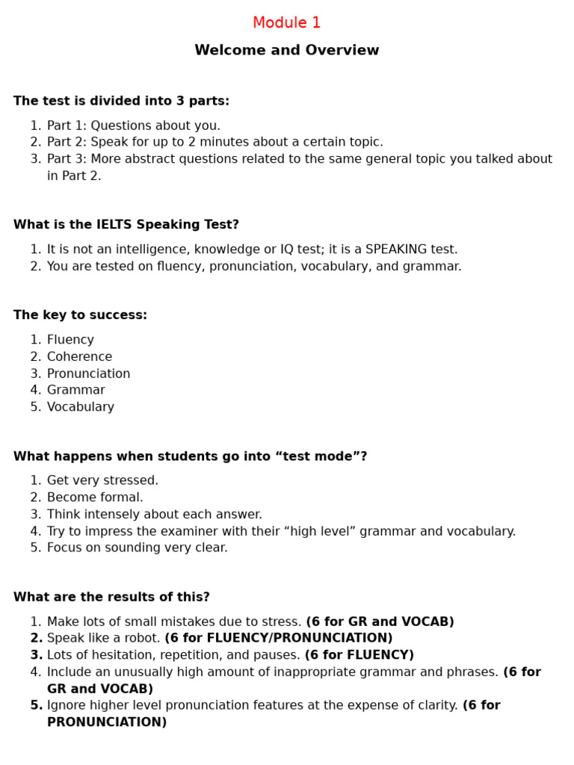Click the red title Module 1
(x=286, y=23)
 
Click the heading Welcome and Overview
(x=286, y=51)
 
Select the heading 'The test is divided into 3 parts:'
(x=121, y=101)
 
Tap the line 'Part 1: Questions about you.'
(x=133, y=126)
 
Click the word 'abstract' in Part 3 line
(x=152, y=159)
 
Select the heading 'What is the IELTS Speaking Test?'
(x=126, y=225)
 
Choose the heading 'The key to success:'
(x=80, y=315)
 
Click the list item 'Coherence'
(x=79, y=357)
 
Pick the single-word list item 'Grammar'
(x=75, y=390)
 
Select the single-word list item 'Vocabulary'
(x=80, y=407)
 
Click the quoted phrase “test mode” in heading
(x=318, y=456)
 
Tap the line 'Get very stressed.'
(x=102, y=480)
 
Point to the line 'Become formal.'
(x=95, y=498)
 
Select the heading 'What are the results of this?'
(x=111, y=597)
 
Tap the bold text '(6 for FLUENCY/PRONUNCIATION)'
(x=278, y=638)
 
